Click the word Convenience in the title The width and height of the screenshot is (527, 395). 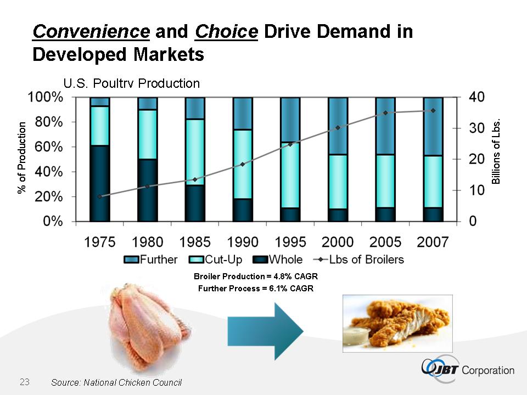coord(91,31)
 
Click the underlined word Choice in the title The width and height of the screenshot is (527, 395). coord(226,31)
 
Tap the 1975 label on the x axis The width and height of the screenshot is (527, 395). coord(100,242)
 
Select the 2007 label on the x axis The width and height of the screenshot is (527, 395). coord(433,242)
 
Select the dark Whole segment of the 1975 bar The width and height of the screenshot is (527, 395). coord(100,183)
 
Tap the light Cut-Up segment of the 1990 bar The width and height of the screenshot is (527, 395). coord(243,164)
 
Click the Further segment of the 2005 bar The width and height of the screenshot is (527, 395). coord(385,126)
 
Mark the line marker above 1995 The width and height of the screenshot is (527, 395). coord(290,144)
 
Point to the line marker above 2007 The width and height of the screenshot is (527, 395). coord(433,110)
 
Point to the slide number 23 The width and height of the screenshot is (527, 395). coord(24,381)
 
